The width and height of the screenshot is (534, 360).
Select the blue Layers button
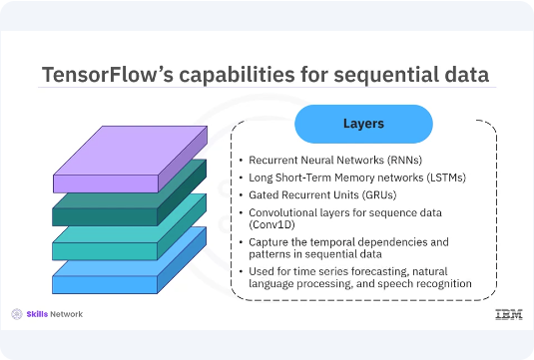[x=363, y=126]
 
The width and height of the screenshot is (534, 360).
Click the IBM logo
[x=507, y=314]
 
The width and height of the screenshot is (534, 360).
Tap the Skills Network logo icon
[x=17, y=314]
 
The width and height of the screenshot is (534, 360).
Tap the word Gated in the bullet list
[x=264, y=194]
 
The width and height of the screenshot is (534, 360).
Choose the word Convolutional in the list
[x=283, y=211]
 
